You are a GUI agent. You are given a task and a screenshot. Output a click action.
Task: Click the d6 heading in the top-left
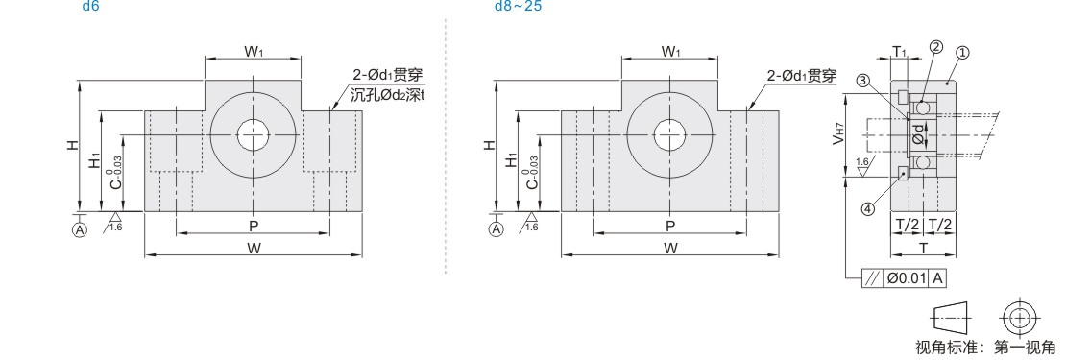point(90,7)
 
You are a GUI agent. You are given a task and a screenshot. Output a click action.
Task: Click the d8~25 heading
point(518,7)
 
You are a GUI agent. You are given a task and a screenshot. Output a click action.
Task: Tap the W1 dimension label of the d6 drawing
point(254,52)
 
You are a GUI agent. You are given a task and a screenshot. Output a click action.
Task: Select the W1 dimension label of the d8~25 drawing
point(670,52)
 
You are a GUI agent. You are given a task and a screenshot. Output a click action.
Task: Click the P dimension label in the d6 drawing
point(254,226)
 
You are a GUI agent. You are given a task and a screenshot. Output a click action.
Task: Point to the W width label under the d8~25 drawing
point(670,249)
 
